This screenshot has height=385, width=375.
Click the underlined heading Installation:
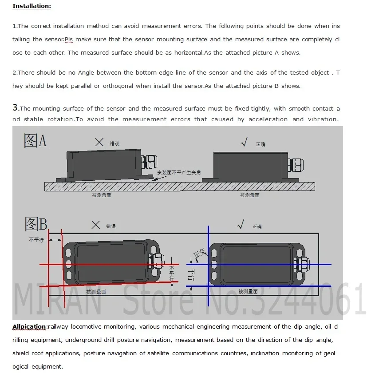32,6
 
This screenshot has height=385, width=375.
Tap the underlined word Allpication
29,327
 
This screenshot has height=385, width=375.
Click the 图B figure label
36,224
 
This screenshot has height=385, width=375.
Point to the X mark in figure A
99,143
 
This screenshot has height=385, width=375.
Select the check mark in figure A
243,143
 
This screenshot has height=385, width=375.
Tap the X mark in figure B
95,225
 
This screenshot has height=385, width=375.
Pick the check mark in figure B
241,225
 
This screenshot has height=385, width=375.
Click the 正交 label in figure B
198,254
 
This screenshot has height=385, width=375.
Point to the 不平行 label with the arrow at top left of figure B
37,240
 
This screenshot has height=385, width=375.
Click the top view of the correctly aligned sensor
256,264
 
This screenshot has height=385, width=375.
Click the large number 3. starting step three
16,107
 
